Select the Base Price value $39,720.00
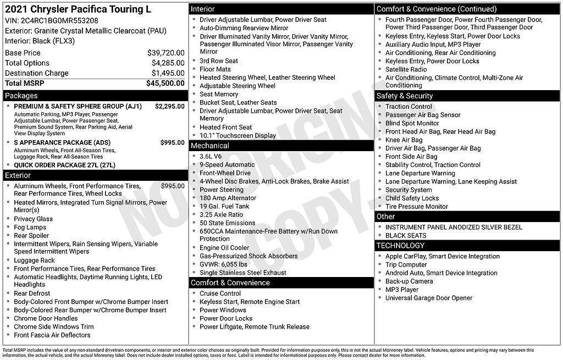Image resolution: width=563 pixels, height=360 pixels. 165,53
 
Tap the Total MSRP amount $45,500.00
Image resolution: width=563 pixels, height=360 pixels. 165,83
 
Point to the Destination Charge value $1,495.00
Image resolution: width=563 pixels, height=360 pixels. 168,73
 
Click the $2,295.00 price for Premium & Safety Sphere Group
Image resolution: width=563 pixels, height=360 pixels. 169,106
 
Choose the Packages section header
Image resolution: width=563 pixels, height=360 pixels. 21,96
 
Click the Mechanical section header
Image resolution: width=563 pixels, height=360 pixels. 209,146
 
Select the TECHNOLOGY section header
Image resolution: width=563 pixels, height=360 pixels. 400,245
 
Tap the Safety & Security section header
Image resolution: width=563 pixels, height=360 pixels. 404,96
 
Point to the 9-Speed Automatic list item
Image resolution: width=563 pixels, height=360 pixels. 227,164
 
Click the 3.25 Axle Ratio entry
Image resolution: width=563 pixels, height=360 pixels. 221,214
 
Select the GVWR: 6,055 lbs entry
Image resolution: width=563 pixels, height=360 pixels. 223,264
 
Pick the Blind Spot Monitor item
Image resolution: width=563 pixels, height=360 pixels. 412,123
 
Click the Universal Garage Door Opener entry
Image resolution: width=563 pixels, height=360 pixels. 428,298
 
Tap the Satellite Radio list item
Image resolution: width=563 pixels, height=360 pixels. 406,69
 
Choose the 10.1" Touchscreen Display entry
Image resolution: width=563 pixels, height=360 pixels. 238,136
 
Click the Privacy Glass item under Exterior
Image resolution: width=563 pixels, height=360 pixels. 33,219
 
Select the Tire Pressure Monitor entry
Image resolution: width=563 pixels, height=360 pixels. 416,207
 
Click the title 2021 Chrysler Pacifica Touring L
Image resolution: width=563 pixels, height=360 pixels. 78,9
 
